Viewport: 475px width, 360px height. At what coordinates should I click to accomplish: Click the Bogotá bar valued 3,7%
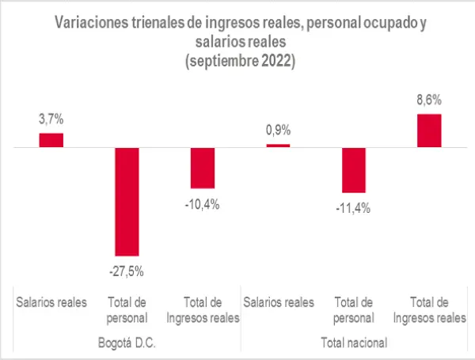(x=51, y=140)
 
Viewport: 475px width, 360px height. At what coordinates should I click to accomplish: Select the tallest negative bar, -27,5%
(x=127, y=201)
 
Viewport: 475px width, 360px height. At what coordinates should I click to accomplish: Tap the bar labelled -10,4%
(x=203, y=168)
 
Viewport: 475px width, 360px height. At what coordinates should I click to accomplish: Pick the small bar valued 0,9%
(x=278, y=146)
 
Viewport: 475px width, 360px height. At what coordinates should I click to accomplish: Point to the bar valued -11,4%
(x=353, y=170)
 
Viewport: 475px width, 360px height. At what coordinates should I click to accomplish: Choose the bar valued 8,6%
(x=428, y=131)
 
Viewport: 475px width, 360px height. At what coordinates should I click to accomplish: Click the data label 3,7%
(x=51, y=119)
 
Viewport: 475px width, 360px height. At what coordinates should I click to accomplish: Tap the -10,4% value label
(x=203, y=203)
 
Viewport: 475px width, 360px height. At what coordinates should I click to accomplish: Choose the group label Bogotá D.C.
(x=127, y=343)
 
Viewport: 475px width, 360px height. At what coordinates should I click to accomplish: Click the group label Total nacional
(x=353, y=343)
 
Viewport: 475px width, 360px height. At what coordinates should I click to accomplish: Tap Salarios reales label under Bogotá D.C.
(x=51, y=301)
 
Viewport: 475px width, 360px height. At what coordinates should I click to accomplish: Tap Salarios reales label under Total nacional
(x=278, y=301)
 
